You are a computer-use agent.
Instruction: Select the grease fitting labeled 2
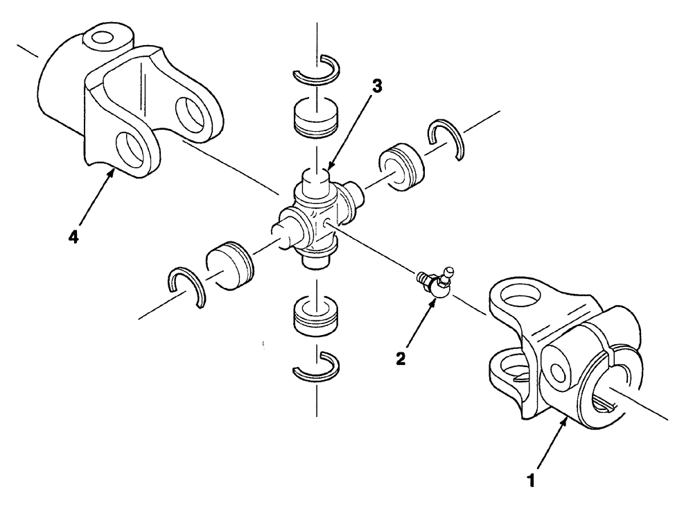pyautogui.click(x=436, y=284)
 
